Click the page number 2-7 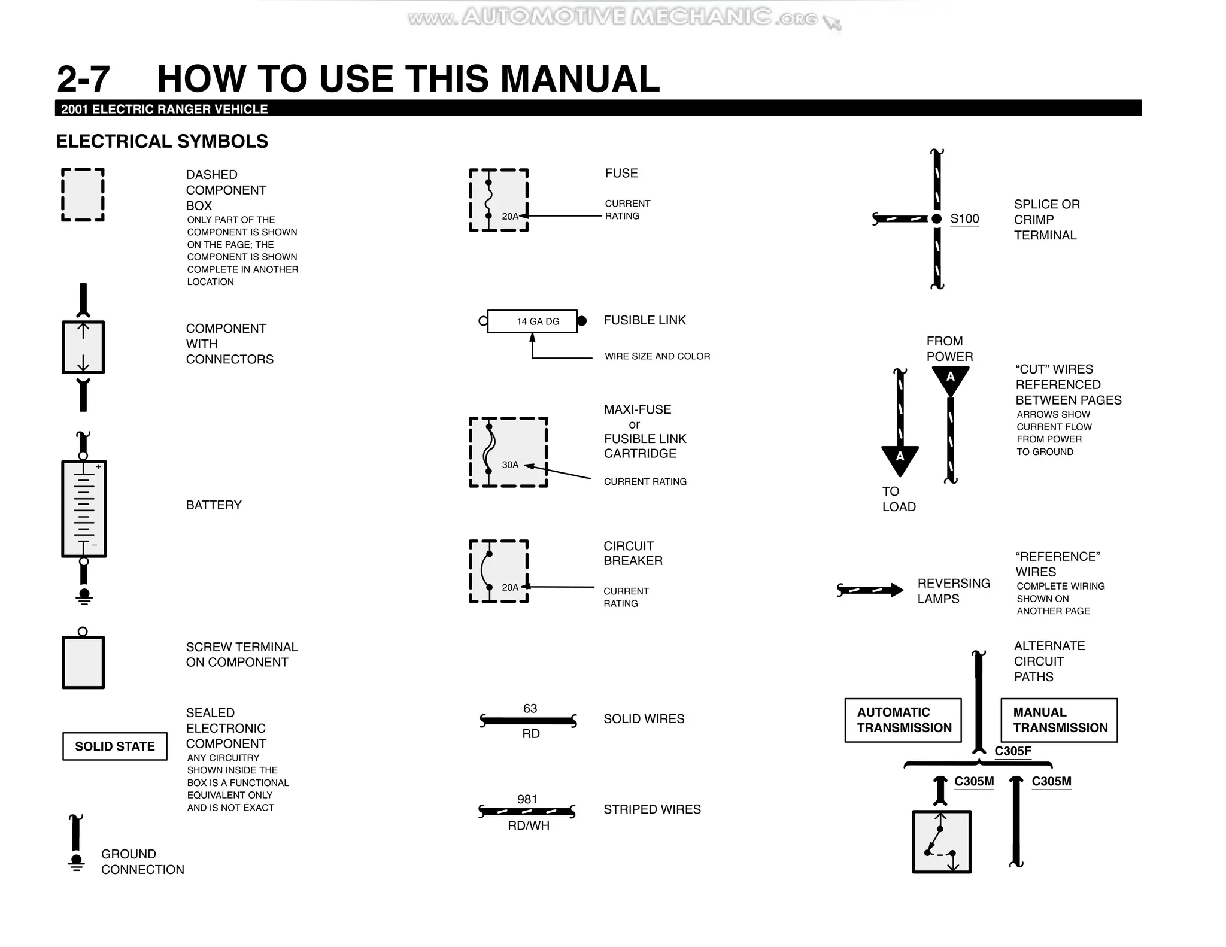(83, 79)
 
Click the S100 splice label (964, 219)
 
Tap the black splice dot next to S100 (937, 219)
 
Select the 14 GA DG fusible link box (532, 321)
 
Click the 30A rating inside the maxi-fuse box (510, 465)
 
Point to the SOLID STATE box (115, 746)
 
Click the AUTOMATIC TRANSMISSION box (903, 720)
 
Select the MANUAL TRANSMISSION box (1059, 720)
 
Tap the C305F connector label (1013, 751)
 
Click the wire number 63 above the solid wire (530, 709)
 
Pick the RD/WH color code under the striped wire (529, 825)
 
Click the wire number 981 (527, 799)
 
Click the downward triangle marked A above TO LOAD (900, 459)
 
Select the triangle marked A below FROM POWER (950, 378)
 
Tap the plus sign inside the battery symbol (98, 467)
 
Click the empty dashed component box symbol (83, 195)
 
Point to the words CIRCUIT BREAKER (633, 553)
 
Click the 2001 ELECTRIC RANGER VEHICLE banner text (165, 109)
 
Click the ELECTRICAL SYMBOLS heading (162, 141)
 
